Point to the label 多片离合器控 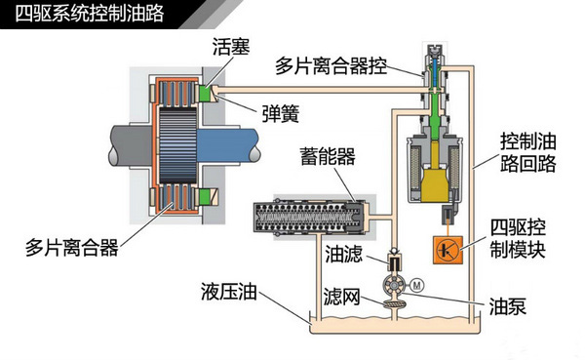click(331, 67)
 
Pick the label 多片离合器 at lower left click(72, 248)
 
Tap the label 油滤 click(341, 255)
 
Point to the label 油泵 click(508, 306)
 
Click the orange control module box click(445, 248)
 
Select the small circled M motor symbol click(414, 286)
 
